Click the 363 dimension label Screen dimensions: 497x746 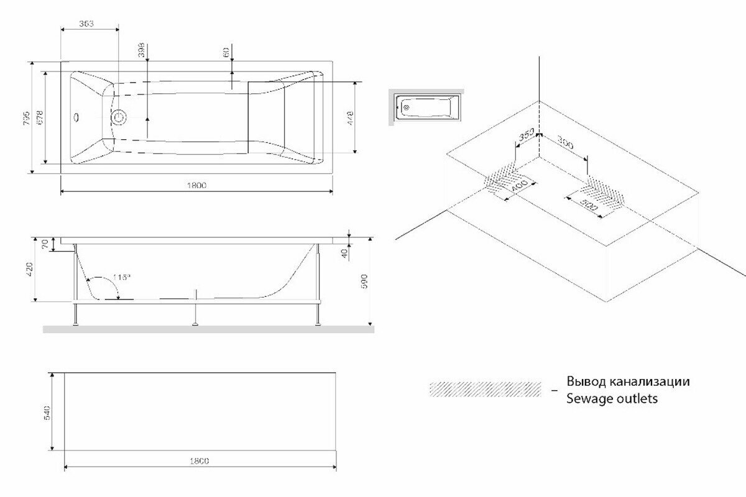(86, 24)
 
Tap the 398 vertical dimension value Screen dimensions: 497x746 (141, 50)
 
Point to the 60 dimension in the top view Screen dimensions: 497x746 (226, 53)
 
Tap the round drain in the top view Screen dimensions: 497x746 (118, 117)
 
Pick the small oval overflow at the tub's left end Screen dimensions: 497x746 (76, 116)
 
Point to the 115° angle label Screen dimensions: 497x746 (122, 278)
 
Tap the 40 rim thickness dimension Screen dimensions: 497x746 (343, 252)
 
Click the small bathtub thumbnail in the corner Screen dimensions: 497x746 (426, 106)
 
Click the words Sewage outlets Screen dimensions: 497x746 (611, 399)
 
